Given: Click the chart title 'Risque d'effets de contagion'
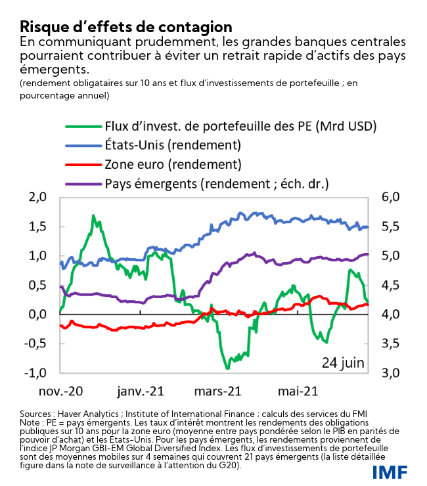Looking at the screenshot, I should coord(126,27).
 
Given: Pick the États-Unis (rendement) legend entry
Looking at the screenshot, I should coord(173,144).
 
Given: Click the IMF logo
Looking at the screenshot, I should coord(390,471).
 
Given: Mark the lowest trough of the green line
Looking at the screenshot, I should coord(227,367).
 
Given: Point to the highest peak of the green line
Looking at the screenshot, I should coord(93,215).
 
